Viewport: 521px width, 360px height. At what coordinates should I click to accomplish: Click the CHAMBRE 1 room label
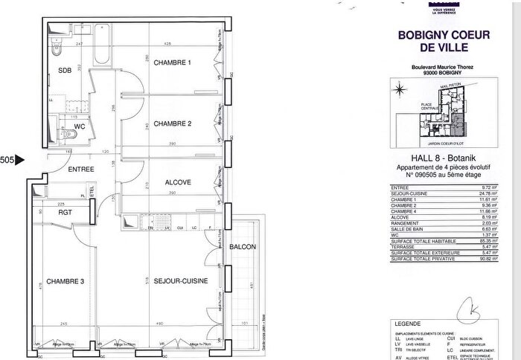(x=173, y=63)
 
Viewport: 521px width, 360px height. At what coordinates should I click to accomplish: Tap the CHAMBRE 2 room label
(x=173, y=123)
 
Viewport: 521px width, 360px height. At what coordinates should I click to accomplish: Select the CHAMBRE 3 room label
(x=65, y=281)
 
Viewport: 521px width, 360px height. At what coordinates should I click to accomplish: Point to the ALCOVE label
(x=178, y=182)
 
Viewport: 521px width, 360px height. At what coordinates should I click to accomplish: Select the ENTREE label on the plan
(x=81, y=170)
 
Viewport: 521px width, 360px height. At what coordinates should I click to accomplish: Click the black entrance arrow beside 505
(x=20, y=159)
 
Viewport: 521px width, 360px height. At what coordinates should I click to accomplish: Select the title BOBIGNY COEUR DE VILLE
(x=442, y=41)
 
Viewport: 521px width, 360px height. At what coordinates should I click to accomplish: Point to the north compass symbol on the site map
(x=400, y=90)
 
